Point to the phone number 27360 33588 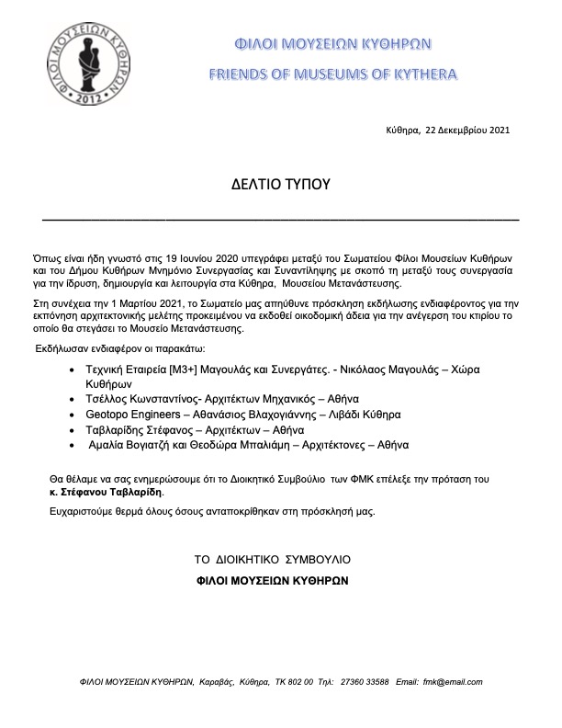(x=362, y=682)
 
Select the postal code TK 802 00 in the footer (x=288, y=682)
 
